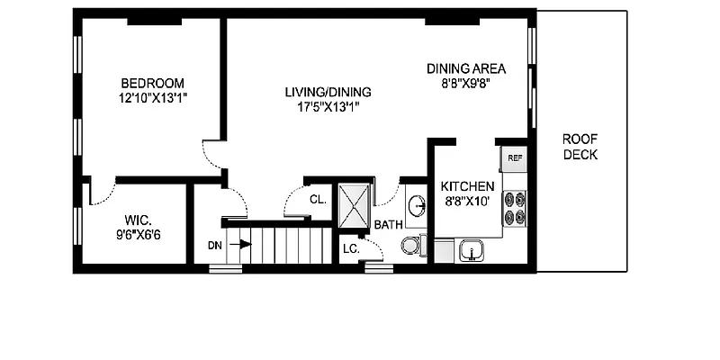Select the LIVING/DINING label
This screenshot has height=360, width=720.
point(328,92)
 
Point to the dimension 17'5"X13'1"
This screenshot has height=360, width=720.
point(328,106)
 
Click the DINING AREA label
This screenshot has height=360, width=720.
point(465,68)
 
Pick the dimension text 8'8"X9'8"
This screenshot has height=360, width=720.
point(465,83)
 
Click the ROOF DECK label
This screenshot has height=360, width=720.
point(580,147)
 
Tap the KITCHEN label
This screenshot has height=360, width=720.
point(467,186)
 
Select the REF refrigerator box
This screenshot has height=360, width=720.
point(514,157)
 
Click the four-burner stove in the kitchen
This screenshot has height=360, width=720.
point(515,208)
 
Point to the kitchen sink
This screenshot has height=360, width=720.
point(469,249)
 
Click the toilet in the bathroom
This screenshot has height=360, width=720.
point(410,245)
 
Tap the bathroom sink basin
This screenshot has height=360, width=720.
point(416,206)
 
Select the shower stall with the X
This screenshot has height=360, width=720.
point(353,206)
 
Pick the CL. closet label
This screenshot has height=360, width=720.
point(317,200)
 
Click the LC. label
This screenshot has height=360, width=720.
point(351,248)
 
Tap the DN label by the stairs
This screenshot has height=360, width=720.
point(214,244)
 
